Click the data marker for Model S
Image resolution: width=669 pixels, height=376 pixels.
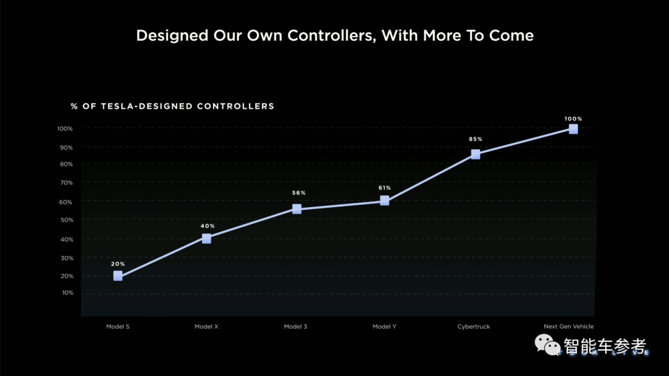click(x=118, y=276)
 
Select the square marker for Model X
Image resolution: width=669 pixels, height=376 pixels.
click(x=206, y=239)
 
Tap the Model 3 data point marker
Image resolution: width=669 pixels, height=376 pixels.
click(x=297, y=209)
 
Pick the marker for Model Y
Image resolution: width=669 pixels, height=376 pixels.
click(x=385, y=200)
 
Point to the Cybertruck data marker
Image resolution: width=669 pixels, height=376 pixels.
click(x=475, y=154)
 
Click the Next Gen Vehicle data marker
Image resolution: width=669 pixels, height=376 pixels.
click(x=573, y=129)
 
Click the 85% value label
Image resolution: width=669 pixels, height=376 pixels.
click(x=475, y=139)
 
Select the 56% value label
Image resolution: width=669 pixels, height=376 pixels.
click(x=299, y=193)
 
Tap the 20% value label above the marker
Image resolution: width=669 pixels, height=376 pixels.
click(x=118, y=264)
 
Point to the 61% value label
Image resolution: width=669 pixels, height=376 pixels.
click(x=385, y=187)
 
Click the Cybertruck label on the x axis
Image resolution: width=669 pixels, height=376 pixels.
click(x=473, y=327)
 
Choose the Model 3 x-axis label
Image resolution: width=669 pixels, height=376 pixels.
click(x=295, y=327)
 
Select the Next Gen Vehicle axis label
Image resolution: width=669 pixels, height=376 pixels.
click(x=569, y=327)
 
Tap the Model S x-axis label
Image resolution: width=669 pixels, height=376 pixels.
click(x=118, y=327)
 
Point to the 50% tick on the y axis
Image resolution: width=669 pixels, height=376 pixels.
click(x=67, y=220)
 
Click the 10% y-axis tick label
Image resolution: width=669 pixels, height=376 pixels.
click(x=67, y=293)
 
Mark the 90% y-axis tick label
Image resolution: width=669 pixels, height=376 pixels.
click(x=67, y=147)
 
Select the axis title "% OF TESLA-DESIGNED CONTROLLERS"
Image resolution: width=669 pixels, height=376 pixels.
click(x=172, y=106)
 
